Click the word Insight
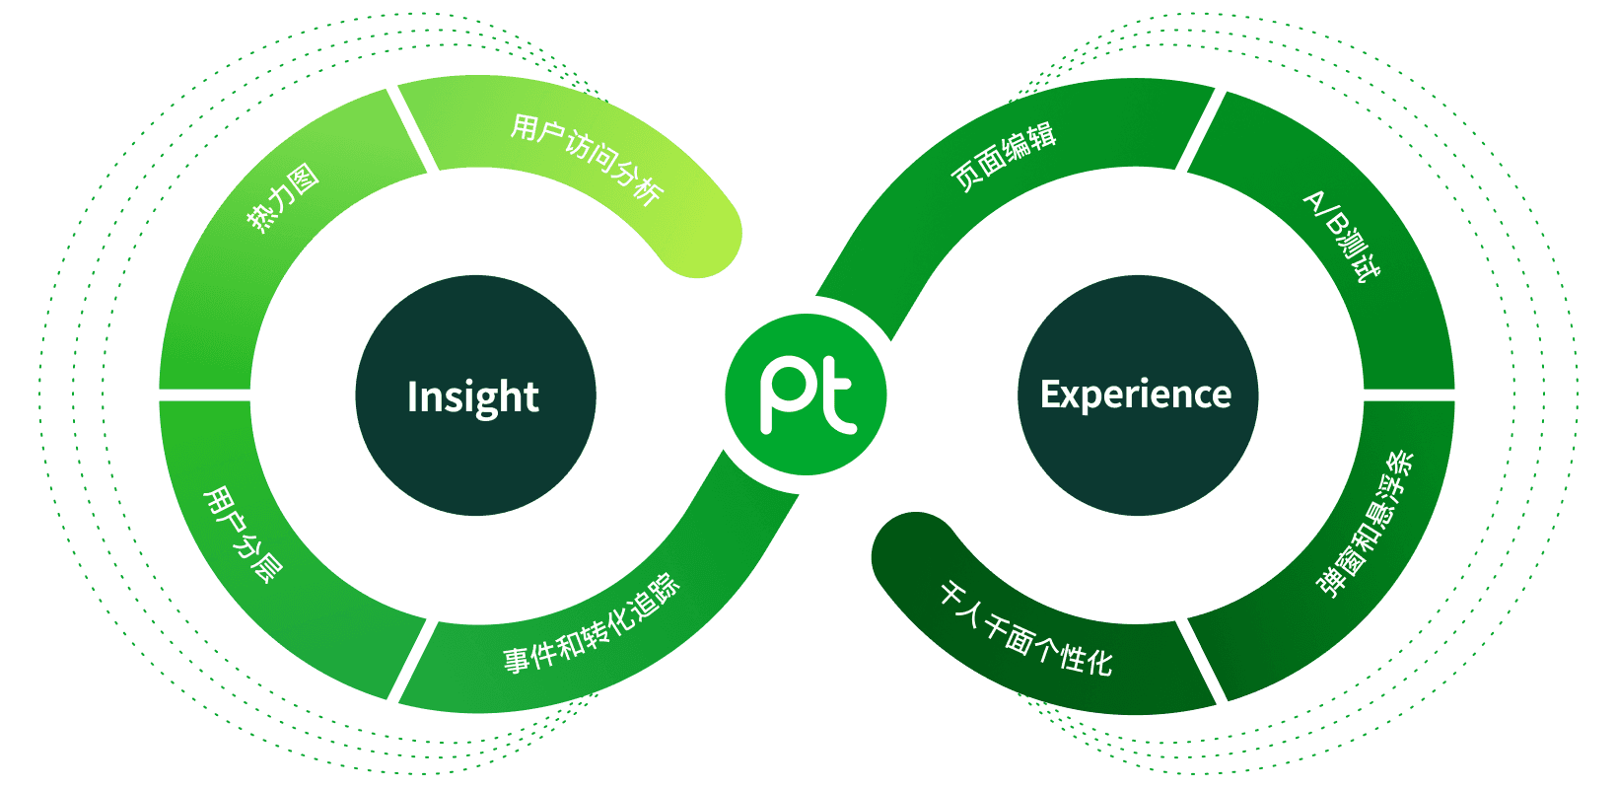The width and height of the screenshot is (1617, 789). pyautogui.click(x=473, y=396)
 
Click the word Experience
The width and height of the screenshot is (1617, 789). pyautogui.click(x=1136, y=394)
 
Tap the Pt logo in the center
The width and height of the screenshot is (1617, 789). pyautogui.click(x=807, y=394)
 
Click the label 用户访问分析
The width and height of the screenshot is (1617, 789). pyautogui.click(x=587, y=159)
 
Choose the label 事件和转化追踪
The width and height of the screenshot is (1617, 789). pyautogui.click(x=592, y=624)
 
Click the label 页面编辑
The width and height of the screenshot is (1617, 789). pyautogui.click(x=1004, y=156)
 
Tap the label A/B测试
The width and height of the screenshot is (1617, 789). pyautogui.click(x=1342, y=236)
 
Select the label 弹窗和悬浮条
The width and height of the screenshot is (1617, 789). pyautogui.click(x=1366, y=524)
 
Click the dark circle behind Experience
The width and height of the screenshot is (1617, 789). pyautogui.click(x=1138, y=464)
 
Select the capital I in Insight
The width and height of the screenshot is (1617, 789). pyautogui.click(x=412, y=396)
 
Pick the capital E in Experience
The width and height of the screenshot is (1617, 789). pyautogui.click(x=1049, y=394)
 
